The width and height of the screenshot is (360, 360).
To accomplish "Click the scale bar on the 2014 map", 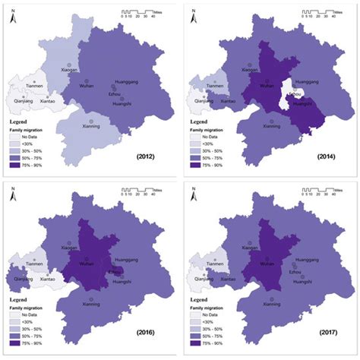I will [319, 14].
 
